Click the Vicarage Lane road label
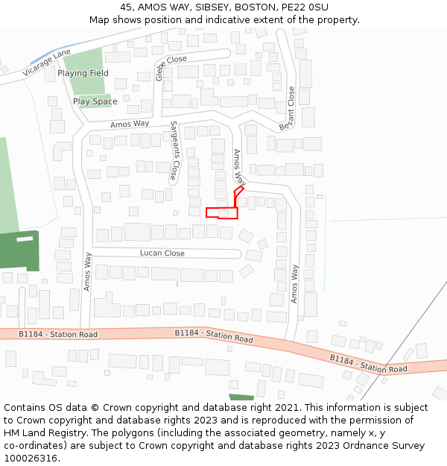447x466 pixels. coord(46,60)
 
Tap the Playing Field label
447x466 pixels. coord(83,73)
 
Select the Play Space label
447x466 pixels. coord(95,101)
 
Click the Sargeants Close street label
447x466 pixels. coord(174,151)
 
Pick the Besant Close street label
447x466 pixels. coord(288,109)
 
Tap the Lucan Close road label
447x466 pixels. coord(162,254)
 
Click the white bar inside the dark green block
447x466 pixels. coord(25,239)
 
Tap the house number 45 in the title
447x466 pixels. coord(126,7)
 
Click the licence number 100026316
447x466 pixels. coord(31,459)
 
